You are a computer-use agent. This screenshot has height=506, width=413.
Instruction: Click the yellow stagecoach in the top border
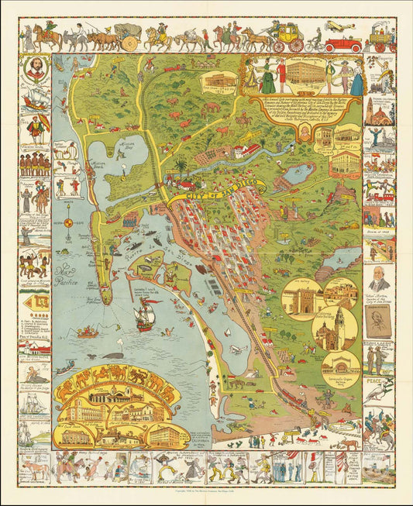287,34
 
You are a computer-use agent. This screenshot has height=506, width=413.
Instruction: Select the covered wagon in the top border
129,33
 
